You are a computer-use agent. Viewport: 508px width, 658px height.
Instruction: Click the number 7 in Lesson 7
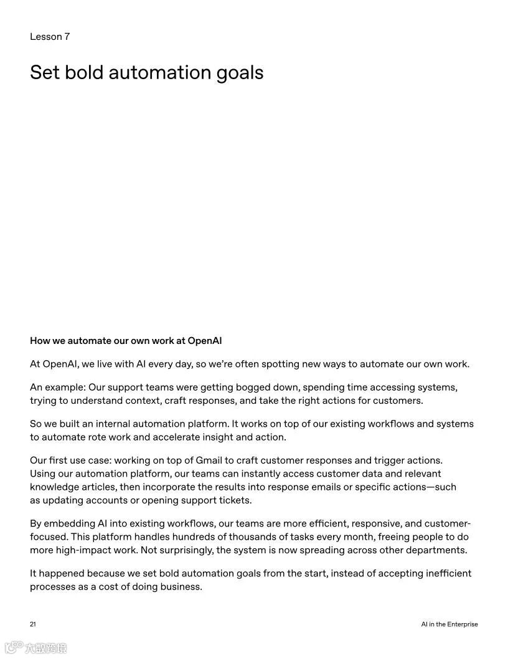coord(67,37)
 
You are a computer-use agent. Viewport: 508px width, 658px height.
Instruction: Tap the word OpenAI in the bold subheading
coord(205,341)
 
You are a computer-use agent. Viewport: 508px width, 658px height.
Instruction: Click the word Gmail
coord(214,460)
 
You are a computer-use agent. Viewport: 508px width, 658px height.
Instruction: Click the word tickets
coord(235,500)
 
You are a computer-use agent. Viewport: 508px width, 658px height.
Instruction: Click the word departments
coord(435,550)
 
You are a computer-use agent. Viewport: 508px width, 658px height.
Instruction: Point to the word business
coord(181,586)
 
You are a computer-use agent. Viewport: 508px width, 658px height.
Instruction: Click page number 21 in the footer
coord(33,624)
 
